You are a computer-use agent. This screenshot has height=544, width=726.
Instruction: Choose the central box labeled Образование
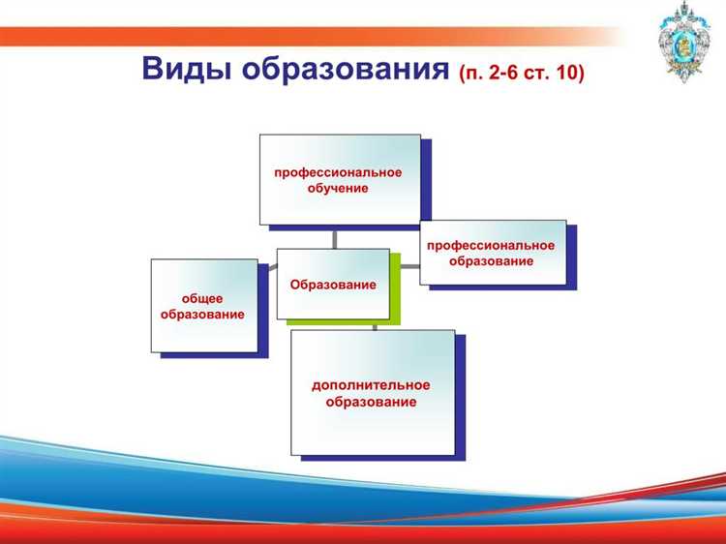(332, 285)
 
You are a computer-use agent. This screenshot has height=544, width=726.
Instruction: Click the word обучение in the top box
(337, 188)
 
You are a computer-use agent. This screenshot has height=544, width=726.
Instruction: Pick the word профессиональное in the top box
(337, 172)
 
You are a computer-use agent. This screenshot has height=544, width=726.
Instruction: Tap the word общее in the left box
(202, 299)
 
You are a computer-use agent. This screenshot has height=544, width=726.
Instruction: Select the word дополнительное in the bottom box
(371, 385)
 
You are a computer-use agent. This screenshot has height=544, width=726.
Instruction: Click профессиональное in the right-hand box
(491, 246)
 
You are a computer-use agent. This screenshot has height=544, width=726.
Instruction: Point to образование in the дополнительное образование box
(371, 402)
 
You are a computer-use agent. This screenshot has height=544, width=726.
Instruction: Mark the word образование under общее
(202, 315)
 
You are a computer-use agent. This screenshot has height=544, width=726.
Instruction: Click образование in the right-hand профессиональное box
(491, 261)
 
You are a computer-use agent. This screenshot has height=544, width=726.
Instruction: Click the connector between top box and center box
(334, 238)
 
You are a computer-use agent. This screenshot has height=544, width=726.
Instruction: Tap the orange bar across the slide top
(290, 37)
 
